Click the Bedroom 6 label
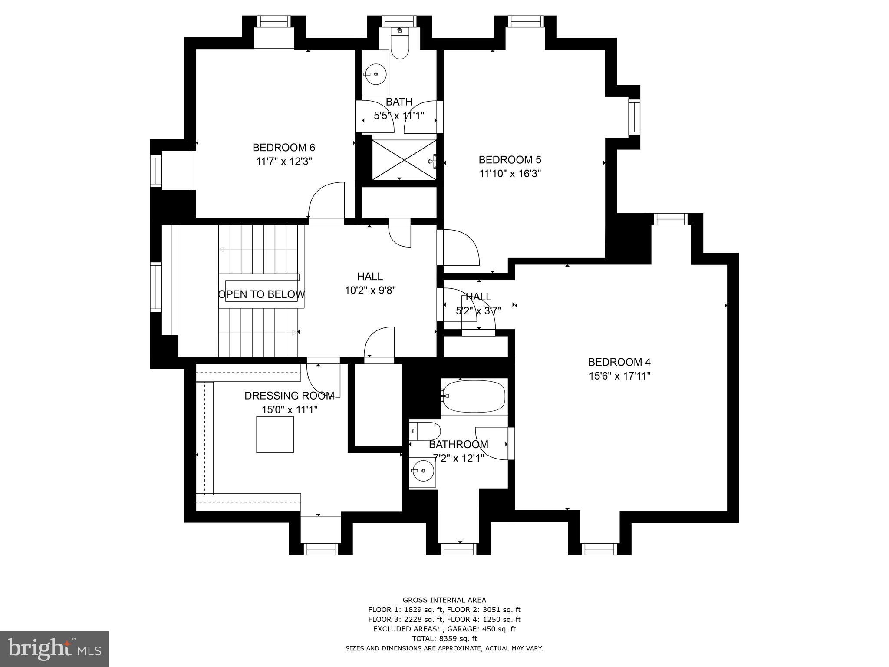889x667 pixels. (x=283, y=148)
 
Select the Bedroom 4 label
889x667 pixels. (x=619, y=362)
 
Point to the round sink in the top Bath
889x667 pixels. (x=375, y=74)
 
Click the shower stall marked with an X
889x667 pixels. (x=404, y=159)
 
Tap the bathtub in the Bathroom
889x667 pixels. (x=474, y=396)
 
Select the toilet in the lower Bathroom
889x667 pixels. (x=425, y=431)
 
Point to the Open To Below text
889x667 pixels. (x=261, y=294)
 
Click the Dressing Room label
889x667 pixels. (x=289, y=396)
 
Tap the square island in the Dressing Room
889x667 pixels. (x=275, y=435)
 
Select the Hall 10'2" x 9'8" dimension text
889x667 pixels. (x=370, y=291)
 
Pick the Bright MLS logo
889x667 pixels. (x=54, y=649)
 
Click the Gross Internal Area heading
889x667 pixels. (x=444, y=600)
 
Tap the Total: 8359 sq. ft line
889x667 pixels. (x=444, y=638)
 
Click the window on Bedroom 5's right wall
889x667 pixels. (x=634, y=117)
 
